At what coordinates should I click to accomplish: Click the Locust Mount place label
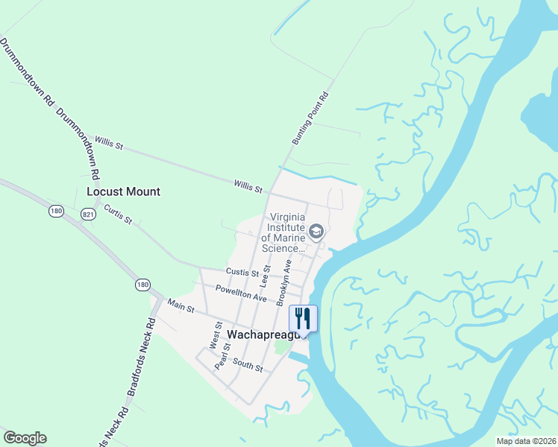123,191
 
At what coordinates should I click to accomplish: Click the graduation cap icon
316,232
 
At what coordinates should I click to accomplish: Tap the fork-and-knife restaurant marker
303,318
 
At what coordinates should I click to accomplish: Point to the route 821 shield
88,214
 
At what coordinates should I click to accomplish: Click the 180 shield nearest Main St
142,284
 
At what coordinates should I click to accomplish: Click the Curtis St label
118,215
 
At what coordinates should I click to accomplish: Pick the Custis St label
242,273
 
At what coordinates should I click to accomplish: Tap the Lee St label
264,276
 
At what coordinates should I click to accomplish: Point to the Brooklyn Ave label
284,282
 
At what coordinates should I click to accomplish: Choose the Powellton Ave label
241,293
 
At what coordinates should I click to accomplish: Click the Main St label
181,305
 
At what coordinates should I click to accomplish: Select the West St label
217,336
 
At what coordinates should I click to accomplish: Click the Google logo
25,438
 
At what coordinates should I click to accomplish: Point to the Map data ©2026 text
525,441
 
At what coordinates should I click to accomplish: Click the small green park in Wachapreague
281,346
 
